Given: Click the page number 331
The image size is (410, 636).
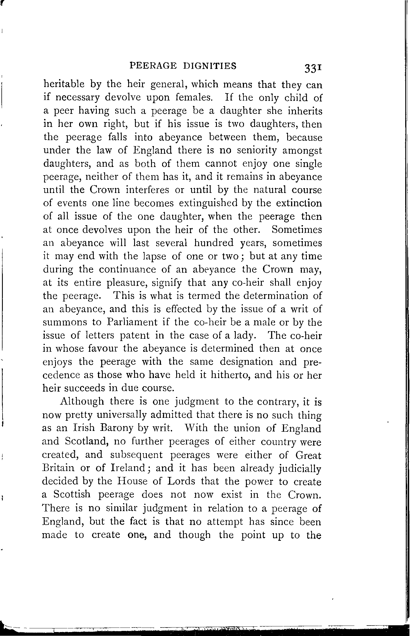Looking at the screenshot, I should [x=312, y=68].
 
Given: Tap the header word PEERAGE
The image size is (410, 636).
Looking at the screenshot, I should [x=153, y=66].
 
